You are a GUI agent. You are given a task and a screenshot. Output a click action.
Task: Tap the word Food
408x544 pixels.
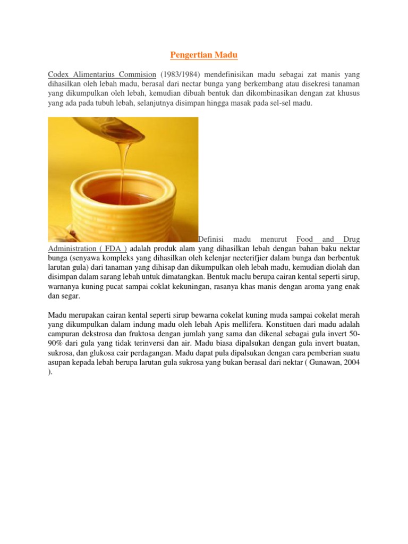pos(305,240)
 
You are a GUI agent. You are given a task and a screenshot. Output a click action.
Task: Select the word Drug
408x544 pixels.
pos(351,240)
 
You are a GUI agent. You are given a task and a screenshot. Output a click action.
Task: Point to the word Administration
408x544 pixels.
pos(73,249)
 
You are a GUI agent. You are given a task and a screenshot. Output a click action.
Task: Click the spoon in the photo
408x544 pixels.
pos(106,128)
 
